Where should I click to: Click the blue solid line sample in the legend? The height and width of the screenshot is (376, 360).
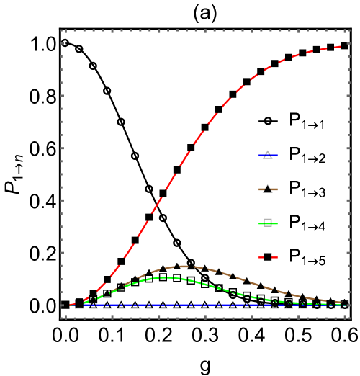268,155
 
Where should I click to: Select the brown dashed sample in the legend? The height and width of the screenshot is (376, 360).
268,189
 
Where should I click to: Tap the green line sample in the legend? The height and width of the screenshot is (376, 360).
268,223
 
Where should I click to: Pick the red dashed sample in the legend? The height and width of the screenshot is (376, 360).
268,257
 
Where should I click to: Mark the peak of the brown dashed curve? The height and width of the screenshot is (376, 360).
184,267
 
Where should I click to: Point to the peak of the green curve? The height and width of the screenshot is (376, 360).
167,277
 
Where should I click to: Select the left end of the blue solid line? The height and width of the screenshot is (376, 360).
84,305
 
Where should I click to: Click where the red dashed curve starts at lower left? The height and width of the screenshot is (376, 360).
70,305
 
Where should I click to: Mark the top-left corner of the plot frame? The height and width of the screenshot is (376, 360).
63,30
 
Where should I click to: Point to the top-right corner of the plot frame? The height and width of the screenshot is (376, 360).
351,30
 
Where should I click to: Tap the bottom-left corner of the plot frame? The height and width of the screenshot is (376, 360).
63,317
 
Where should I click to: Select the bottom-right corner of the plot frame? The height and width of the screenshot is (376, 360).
351,317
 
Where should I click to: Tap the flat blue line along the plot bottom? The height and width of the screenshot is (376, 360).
216,305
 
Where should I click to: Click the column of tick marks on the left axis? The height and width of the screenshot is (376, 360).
63,173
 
